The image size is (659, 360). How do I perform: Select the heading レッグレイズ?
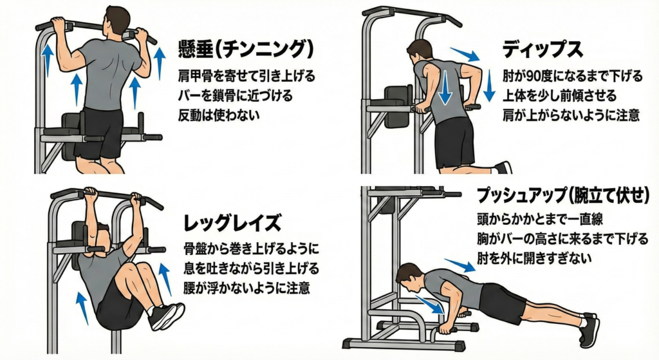(232, 223)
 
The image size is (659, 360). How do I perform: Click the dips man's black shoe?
(503, 168)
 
